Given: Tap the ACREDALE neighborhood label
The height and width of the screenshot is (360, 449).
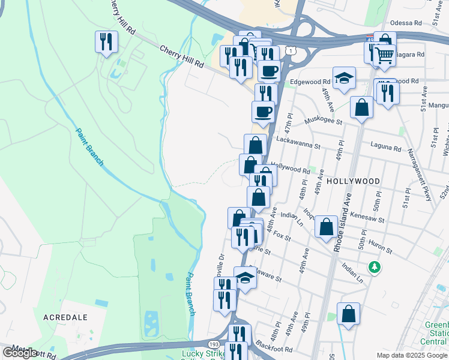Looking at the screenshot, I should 66,316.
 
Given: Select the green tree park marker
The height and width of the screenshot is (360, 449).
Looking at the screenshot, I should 375,266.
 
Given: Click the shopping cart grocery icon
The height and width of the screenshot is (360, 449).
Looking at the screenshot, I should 384,56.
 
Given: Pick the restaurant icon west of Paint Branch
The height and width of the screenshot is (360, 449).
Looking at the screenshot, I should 106,42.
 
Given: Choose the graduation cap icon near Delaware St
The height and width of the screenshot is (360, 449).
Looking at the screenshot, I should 245,277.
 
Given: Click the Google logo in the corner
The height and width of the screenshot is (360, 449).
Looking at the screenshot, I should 20,352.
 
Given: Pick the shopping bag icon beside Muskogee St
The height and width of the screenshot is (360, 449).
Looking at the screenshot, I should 361,108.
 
